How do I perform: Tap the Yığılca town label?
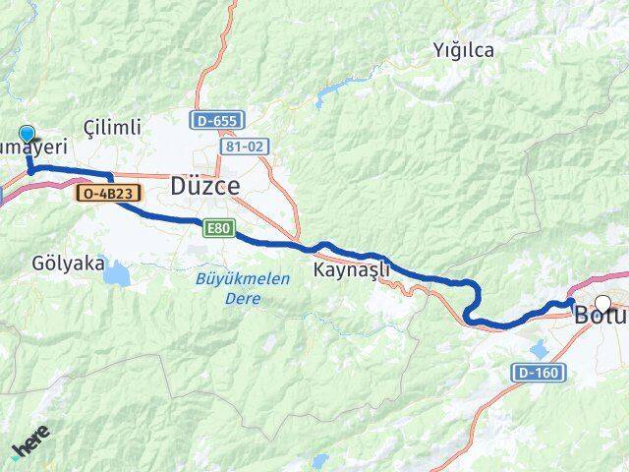pyautogui.click(x=464, y=50)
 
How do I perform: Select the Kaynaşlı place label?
pyautogui.click(x=351, y=268)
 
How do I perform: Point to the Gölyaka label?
pyautogui.click(x=69, y=263)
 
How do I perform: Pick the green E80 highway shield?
pyautogui.click(x=219, y=228)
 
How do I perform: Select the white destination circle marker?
pyautogui.click(x=602, y=304)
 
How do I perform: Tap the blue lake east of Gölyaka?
pyautogui.click(x=116, y=271)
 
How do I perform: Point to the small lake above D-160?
pyautogui.click(x=540, y=348)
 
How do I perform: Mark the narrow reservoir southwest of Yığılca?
pyautogui.click(x=333, y=91)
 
